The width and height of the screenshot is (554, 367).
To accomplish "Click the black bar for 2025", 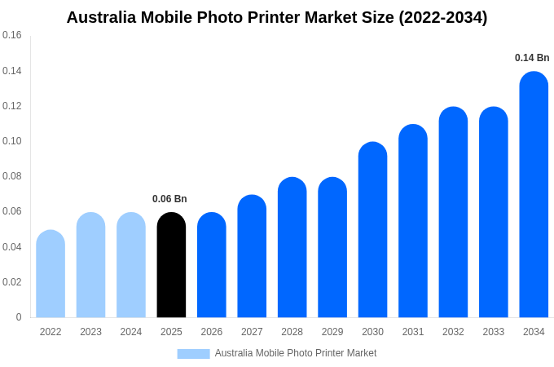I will (171, 265).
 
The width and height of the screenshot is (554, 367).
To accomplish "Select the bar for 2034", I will (534, 196).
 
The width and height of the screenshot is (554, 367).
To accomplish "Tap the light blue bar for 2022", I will (51, 274).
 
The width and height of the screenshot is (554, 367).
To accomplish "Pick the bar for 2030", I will (372, 230).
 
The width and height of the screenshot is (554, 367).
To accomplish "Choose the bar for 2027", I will (252, 256).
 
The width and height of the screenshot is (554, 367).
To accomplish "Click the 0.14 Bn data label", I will (532, 58).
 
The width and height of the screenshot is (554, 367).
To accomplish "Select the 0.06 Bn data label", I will (169, 199).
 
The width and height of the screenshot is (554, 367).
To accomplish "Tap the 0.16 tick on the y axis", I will (12, 35).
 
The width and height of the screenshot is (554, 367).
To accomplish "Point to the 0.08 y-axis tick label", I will (12, 176).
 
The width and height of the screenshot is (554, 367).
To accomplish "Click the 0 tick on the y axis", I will (19, 317).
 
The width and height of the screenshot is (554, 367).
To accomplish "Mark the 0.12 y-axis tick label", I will (12, 106).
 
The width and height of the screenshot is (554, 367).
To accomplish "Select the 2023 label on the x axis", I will (90, 332).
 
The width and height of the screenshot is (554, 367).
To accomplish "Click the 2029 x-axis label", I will (332, 332).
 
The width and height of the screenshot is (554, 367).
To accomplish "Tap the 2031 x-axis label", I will (413, 332).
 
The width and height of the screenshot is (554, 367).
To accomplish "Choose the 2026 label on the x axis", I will (212, 332).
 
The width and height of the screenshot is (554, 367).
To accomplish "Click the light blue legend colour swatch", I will (193, 354).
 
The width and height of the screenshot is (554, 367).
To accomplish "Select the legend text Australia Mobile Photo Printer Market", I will (296, 353).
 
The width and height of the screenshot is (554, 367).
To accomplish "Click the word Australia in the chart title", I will (102, 17).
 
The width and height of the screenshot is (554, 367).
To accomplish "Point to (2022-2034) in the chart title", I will (442, 17).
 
